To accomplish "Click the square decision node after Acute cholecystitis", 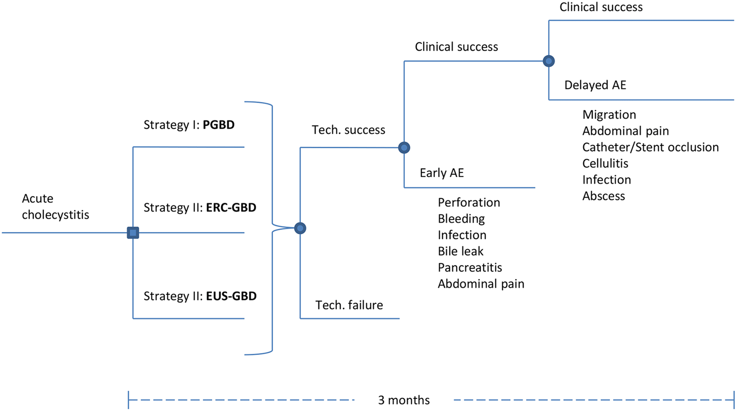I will click(133, 233).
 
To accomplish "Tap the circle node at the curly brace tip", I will click(300, 228).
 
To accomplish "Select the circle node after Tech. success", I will click(404, 147).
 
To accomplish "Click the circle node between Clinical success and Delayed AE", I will click(549, 61).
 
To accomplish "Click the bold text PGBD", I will click(218, 125).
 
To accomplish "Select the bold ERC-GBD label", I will click(231, 208).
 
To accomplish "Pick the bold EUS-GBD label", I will click(231, 296).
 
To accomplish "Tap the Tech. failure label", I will click(349, 305).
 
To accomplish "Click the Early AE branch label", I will click(441, 173).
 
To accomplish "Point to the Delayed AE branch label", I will click(595, 85).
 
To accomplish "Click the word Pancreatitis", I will click(470, 267).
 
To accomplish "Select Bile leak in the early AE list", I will click(460, 251).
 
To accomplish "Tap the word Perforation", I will click(469, 203).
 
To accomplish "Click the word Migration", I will click(609, 115).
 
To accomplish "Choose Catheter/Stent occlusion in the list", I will click(650, 147).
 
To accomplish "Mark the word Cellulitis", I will click(605, 163).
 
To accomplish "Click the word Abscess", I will click(603, 196).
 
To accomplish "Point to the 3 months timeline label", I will click(403, 400).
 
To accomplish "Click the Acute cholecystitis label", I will click(55, 207).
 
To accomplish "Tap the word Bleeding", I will click(461, 219).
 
